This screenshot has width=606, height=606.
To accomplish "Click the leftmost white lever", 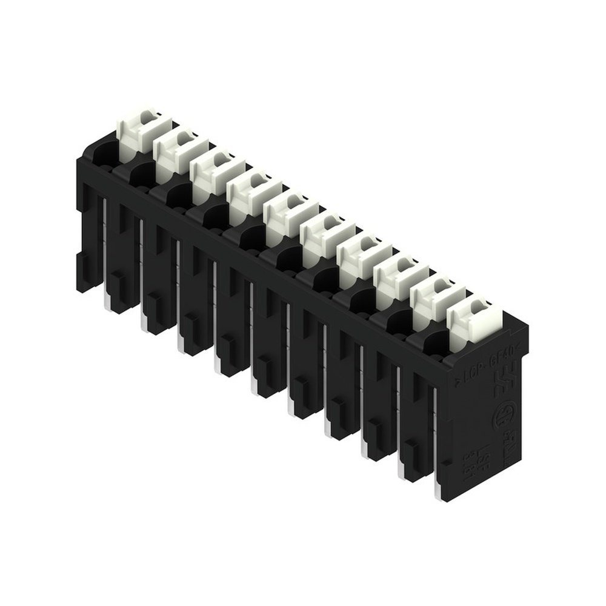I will (138, 128).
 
